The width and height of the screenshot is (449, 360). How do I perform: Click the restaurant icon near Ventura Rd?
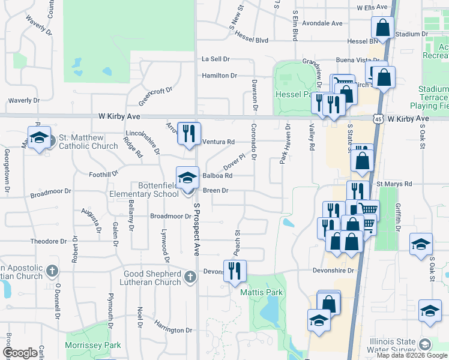pyautogui.click(x=190, y=134)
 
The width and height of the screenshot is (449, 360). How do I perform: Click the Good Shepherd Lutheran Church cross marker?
pyautogui.click(x=190, y=277)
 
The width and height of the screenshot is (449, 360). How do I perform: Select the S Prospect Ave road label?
pyautogui.click(x=196, y=228)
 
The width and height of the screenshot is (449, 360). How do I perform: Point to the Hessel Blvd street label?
pyautogui.click(x=252, y=37)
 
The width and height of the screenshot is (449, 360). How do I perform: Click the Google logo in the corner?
pyautogui.click(x=20, y=353)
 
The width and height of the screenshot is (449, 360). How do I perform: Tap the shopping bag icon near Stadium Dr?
pyautogui.click(x=382, y=28)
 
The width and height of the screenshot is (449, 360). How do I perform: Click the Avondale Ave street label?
pyautogui.click(x=322, y=23)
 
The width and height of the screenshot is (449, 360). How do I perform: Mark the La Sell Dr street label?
pyautogui.click(x=215, y=59)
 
